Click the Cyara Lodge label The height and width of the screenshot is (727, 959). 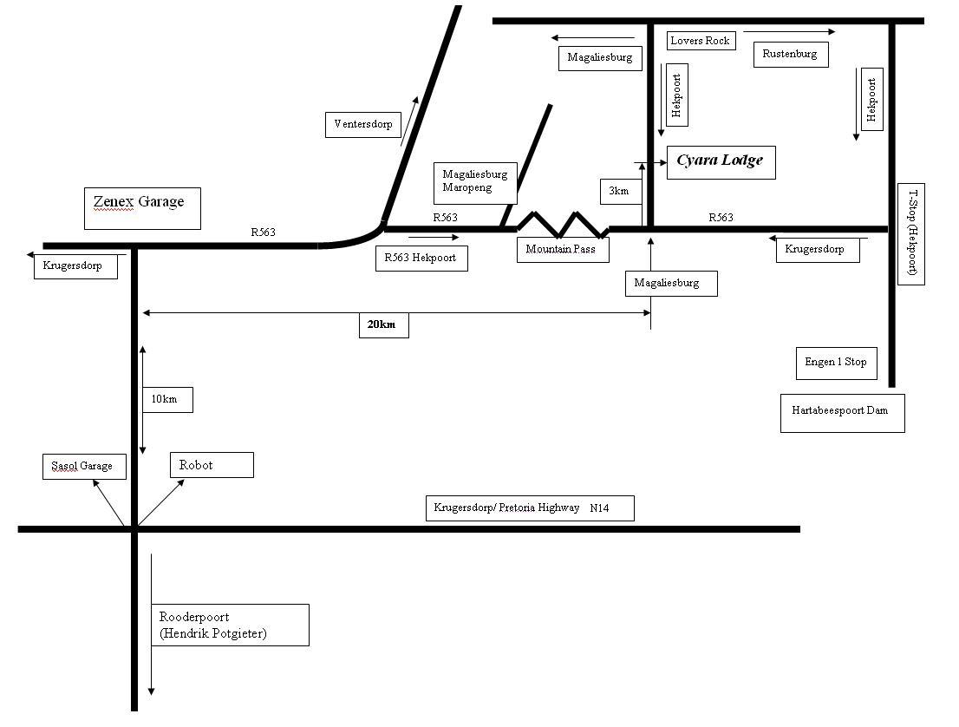[x=720, y=161]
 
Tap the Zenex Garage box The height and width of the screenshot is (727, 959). [x=142, y=208]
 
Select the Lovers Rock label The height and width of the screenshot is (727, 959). [x=701, y=41]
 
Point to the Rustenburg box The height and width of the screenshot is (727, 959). [x=790, y=54]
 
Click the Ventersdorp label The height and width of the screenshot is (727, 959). [x=363, y=124]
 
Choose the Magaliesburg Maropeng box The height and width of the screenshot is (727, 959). [x=474, y=180]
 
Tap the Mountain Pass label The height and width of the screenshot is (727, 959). [x=561, y=250]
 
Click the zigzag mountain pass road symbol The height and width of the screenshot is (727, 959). [x=562, y=224]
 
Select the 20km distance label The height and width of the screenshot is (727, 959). [x=382, y=324]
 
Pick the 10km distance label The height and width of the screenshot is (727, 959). [x=166, y=399]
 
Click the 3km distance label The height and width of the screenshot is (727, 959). [x=619, y=191]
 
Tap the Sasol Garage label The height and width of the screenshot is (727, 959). [x=83, y=466]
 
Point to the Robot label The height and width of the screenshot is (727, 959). [x=212, y=465]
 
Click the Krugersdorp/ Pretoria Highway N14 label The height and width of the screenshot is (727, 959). [x=529, y=508]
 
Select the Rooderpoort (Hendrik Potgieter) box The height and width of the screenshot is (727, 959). [x=230, y=625]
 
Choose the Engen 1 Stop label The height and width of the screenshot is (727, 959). [x=836, y=363]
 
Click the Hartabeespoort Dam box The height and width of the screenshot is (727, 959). [x=842, y=412]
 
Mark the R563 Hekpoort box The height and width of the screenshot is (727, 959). [x=421, y=258]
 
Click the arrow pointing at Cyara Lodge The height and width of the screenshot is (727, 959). [x=649, y=162]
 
